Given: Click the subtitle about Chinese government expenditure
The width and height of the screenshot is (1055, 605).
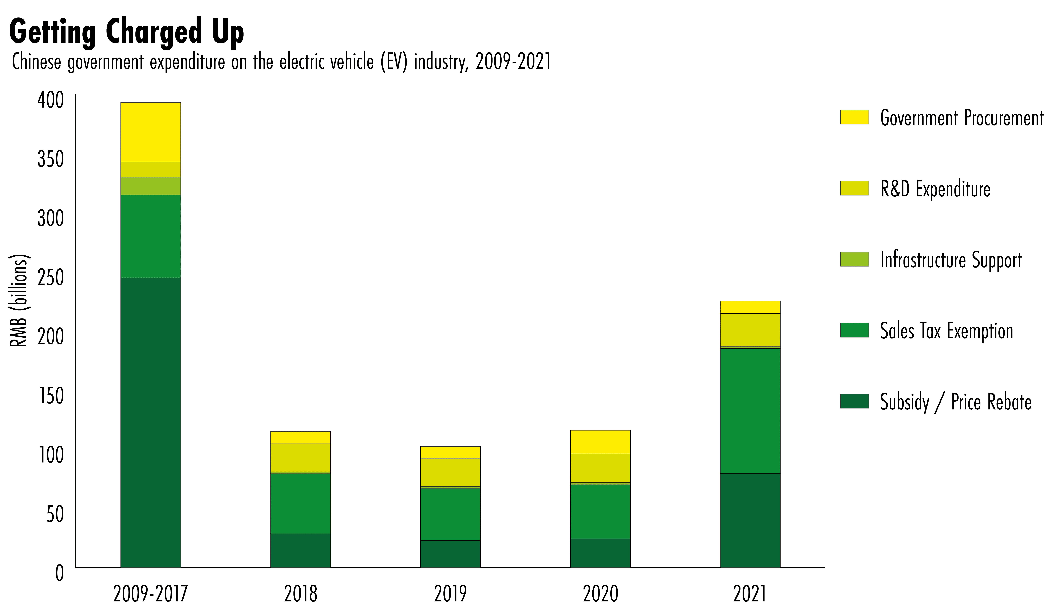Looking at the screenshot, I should point(281,62).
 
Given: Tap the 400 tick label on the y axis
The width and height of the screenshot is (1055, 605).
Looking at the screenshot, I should point(51,100).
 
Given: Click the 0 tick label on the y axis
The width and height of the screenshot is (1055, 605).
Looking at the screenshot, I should point(59,573).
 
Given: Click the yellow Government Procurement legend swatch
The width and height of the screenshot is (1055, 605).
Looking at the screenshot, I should point(854,117).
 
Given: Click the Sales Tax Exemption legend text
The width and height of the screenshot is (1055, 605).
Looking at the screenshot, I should point(947,331).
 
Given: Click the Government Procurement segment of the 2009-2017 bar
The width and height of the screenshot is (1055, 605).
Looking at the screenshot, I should point(150,132).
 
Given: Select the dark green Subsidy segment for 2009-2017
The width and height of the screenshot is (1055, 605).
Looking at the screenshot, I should point(150,422).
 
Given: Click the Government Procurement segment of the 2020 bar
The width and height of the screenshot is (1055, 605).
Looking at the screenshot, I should point(600,442).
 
